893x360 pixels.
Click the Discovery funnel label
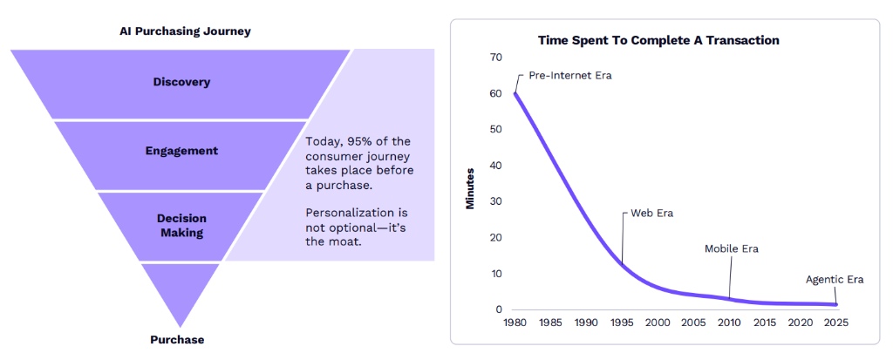(181, 82)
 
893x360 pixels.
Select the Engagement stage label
(181, 151)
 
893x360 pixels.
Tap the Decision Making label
(181, 226)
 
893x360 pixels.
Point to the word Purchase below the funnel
(177, 340)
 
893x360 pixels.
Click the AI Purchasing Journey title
(185, 31)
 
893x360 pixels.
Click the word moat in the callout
(344, 241)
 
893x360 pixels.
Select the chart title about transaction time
(658, 40)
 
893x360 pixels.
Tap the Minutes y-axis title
(469, 187)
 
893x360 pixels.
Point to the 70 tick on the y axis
(496, 58)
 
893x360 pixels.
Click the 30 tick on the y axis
(496, 201)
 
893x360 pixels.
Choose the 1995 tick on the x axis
(623, 323)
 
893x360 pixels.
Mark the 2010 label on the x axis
(730, 323)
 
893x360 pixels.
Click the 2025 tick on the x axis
(836, 323)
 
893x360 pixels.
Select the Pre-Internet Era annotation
(570, 75)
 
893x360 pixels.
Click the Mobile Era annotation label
(732, 249)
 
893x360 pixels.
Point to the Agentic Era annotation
(835, 280)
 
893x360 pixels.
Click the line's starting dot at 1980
(515, 93)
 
